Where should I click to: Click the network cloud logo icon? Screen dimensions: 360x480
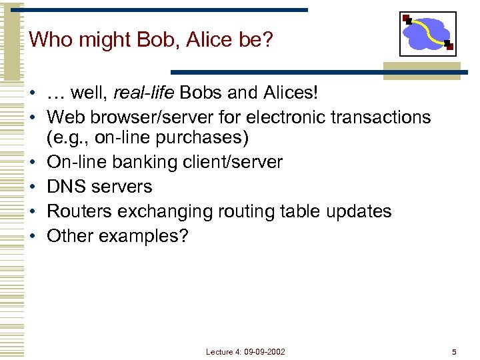tap(427, 33)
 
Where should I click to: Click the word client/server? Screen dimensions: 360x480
tap(232, 162)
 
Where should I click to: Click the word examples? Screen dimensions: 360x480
tap(143, 235)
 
